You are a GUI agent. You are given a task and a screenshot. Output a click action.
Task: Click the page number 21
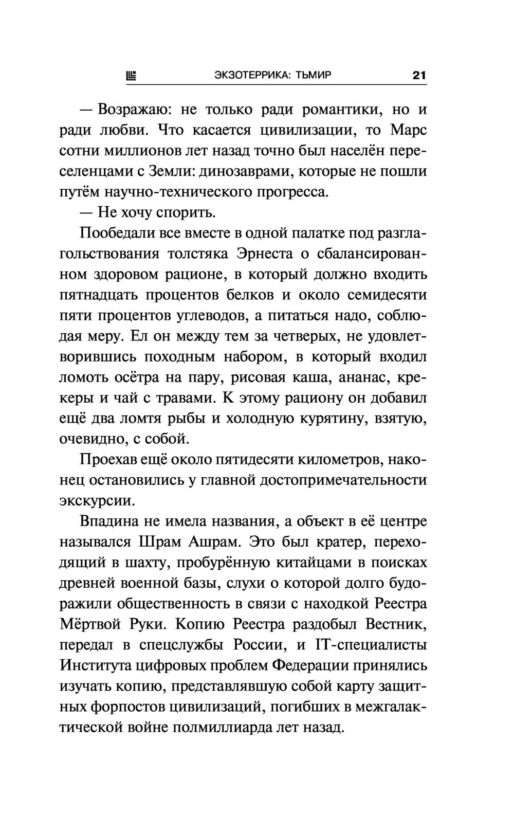[419, 76]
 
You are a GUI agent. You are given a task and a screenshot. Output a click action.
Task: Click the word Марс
[409, 130]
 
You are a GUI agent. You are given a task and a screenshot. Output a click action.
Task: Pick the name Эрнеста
[265, 254]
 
